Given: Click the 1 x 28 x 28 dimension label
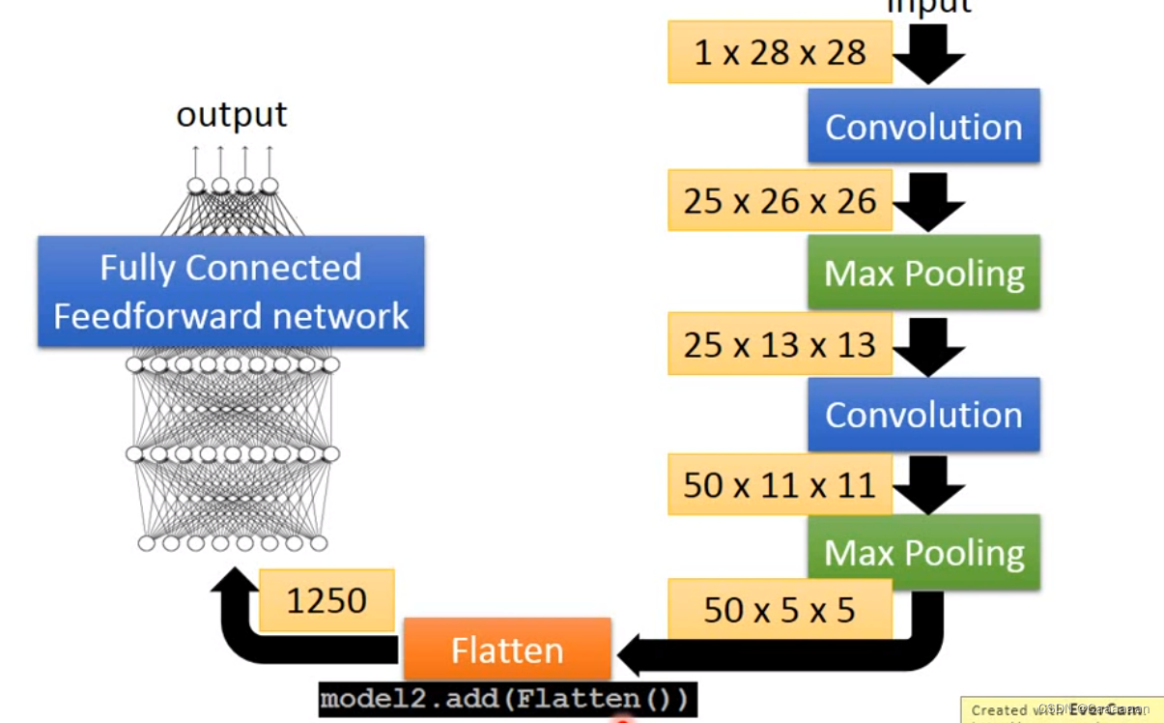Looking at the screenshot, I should point(779,52).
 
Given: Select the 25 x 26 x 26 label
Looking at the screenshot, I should point(779,201).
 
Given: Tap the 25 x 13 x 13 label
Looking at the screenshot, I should point(779,345).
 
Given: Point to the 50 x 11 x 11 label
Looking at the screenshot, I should point(779,484).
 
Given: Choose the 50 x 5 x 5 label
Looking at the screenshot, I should point(779,610).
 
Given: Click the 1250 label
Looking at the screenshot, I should point(326,601).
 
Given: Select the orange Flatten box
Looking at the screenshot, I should point(507,650).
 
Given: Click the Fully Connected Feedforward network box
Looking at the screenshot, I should point(231,291).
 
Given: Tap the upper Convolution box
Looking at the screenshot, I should point(923,127).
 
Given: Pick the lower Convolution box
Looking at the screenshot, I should point(923,415).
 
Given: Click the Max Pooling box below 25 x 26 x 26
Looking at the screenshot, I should point(923,274).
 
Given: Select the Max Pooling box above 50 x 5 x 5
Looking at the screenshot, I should point(923,552).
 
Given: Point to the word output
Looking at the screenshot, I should point(232,114).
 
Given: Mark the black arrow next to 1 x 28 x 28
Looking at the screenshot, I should point(928,55).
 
